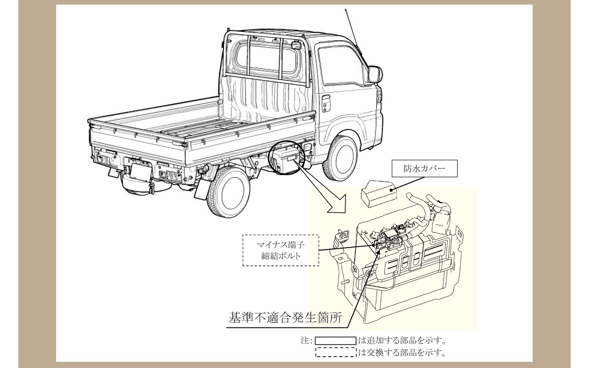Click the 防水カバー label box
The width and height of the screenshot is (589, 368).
pyautogui.click(x=425, y=168)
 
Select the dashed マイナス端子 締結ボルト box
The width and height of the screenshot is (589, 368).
pyautogui.click(x=281, y=250)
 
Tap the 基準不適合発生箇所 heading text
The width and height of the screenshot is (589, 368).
pyautogui.click(x=285, y=317)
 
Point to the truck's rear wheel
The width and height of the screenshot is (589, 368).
pyautogui.click(x=228, y=192)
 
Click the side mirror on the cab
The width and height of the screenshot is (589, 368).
pyautogui.click(x=375, y=74)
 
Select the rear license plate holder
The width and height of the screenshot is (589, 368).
pyautogui.click(x=140, y=172)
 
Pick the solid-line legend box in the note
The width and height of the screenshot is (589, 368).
pyautogui.click(x=336, y=341)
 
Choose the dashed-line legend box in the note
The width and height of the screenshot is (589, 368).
pyautogui.click(x=336, y=352)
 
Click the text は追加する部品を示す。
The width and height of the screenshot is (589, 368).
pyautogui.click(x=402, y=341)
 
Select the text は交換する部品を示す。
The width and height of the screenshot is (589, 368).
pyautogui.click(x=402, y=352)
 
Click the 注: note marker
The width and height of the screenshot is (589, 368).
pyautogui.click(x=306, y=341)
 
